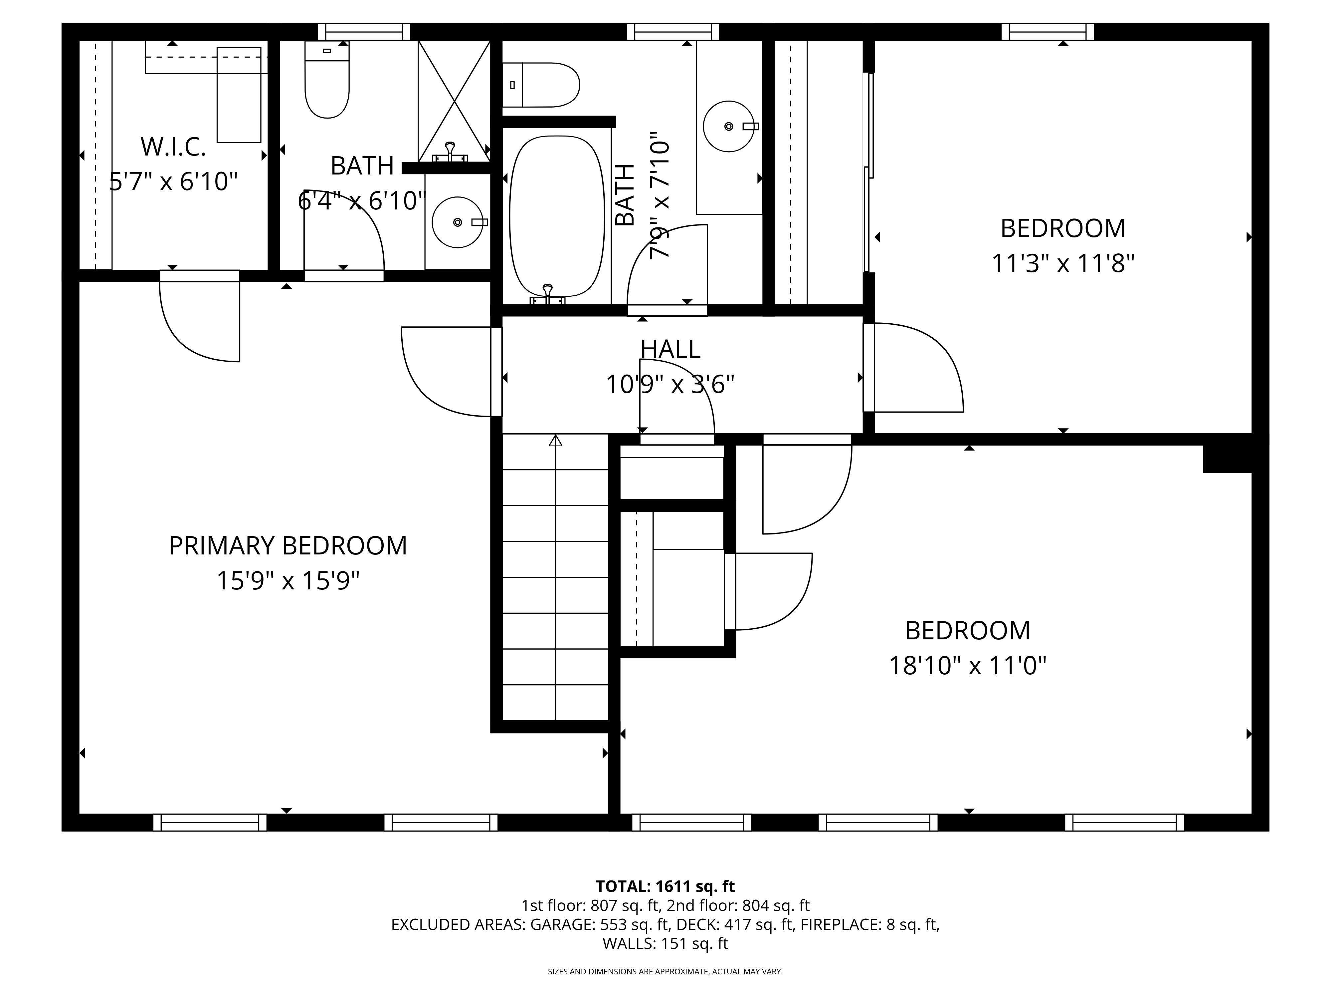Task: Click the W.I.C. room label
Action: point(173,147)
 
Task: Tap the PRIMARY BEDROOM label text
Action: point(287,545)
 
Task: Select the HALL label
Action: point(670,349)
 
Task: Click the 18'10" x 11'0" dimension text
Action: point(968,666)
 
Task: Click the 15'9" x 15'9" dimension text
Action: point(287,581)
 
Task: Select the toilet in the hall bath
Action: point(541,85)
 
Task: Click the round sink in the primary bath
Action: point(457,222)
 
